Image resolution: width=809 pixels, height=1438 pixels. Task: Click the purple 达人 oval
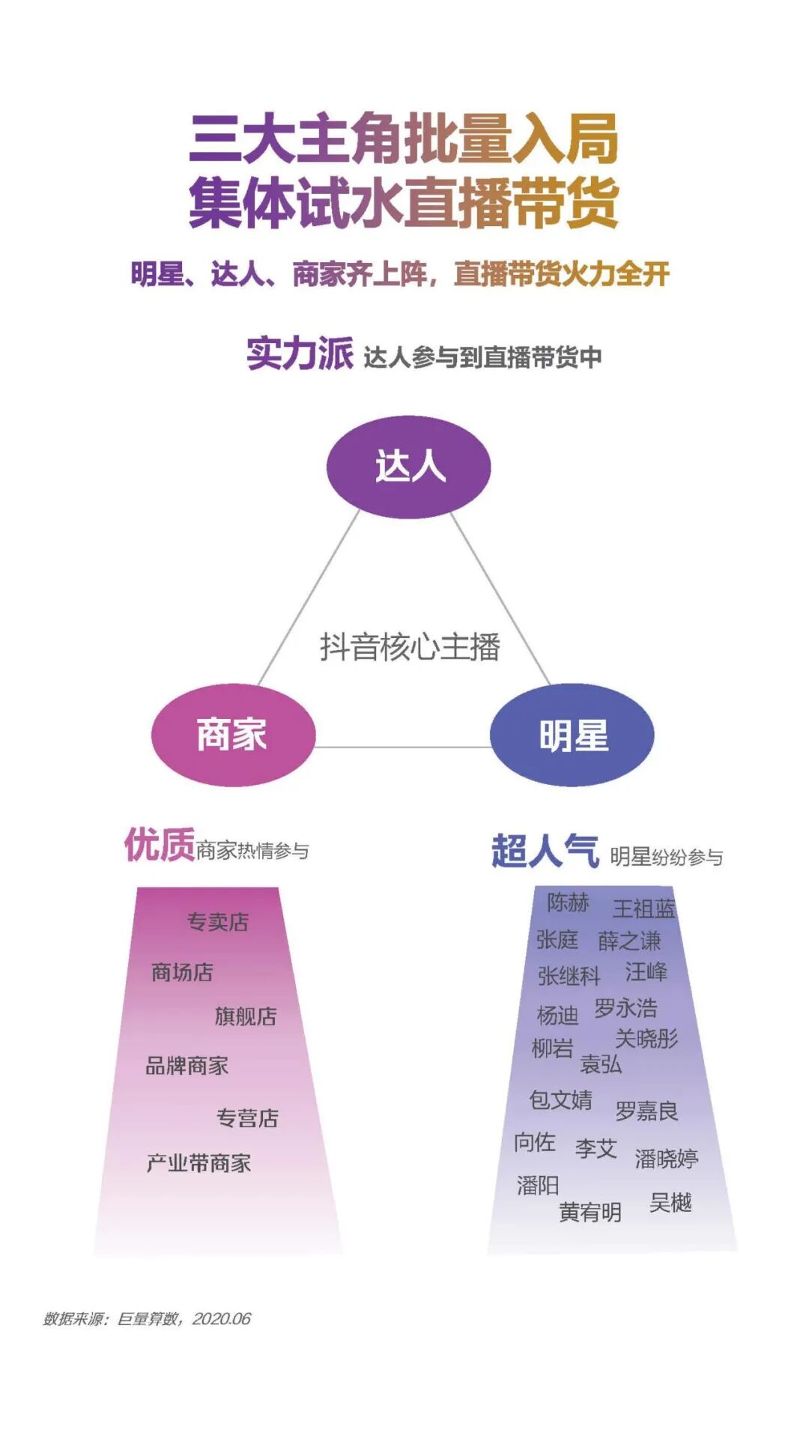[x=409, y=467]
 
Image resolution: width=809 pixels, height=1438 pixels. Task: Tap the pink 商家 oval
[x=233, y=735]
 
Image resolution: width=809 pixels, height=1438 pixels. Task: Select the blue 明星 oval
[x=572, y=735]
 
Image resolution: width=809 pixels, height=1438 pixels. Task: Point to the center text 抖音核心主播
[x=410, y=646]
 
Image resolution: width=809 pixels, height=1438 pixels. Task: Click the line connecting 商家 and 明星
[x=402, y=747]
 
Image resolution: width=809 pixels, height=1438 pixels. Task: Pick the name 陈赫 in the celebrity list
[x=568, y=902]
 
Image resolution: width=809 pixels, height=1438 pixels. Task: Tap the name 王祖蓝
[x=643, y=908]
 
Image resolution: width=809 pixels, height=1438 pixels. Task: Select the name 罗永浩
[x=625, y=1007]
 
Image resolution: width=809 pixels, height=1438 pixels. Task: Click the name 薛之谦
[x=629, y=940]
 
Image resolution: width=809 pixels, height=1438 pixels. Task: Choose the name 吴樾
[x=670, y=1202]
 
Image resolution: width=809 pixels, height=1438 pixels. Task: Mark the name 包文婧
[x=560, y=1099]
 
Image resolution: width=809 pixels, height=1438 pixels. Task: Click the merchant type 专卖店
[x=217, y=922]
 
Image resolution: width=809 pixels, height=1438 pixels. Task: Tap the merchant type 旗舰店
[x=246, y=1016]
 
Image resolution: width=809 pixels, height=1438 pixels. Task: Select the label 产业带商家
[x=199, y=1163]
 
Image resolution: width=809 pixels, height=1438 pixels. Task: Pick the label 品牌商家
[x=187, y=1065]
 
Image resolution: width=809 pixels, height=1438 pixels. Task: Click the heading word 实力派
[x=300, y=354]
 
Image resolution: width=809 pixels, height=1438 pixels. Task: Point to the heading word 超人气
[x=545, y=852]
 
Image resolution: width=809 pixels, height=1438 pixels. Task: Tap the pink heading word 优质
[x=159, y=846]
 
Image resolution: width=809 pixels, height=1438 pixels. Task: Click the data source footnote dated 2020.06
[x=147, y=1319]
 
